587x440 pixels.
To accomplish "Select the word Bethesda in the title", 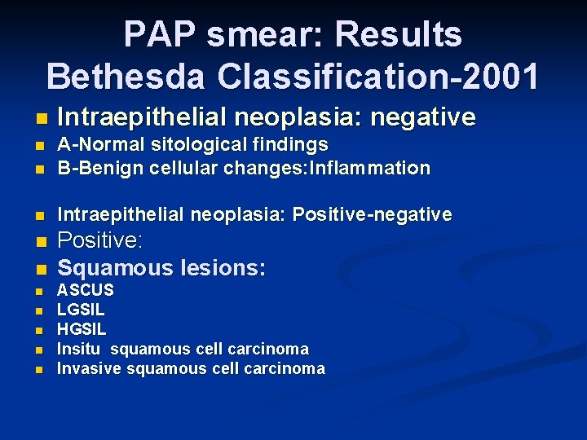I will [130, 76].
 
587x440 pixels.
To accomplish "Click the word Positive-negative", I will [372, 214].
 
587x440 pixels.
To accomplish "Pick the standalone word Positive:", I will [100, 242].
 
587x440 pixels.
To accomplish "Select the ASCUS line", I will [85, 290].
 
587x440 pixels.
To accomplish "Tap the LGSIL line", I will [81, 310].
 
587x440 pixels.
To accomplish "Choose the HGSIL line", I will [82, 329].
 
